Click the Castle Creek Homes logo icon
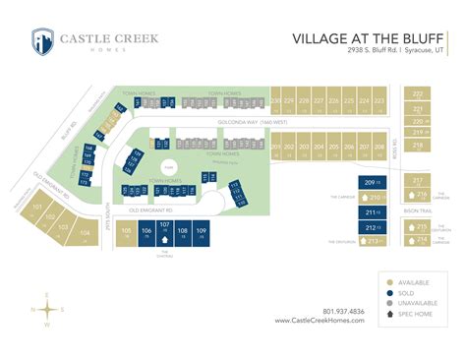(x=42, y=42)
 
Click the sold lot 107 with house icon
(x=164, y=231)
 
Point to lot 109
(x=201, y=233)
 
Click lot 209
(x=371, y=183)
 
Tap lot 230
(x=276, y=102)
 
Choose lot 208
(x=379, y=149)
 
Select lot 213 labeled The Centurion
(x=371, y=241)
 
